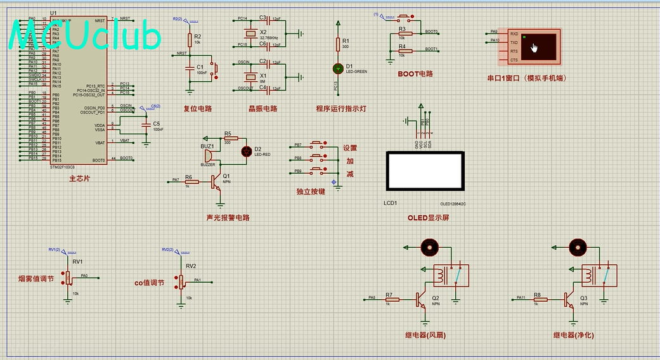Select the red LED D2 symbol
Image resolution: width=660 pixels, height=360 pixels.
point(247,151)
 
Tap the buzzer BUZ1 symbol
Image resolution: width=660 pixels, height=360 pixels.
point(207,155)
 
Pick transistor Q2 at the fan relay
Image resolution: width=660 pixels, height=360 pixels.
point(420,299)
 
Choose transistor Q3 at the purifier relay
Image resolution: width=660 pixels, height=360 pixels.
point(568,299)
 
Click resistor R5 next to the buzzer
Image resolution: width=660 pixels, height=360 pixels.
point(228,138)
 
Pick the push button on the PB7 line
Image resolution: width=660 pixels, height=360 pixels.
point(318,145)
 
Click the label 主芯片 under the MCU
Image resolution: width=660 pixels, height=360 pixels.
point(79,179)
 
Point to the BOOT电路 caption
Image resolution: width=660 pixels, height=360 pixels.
point(415,74)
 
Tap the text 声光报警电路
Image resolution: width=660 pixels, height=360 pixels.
point(228,217)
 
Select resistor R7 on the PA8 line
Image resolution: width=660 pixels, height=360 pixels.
point(392,299)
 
